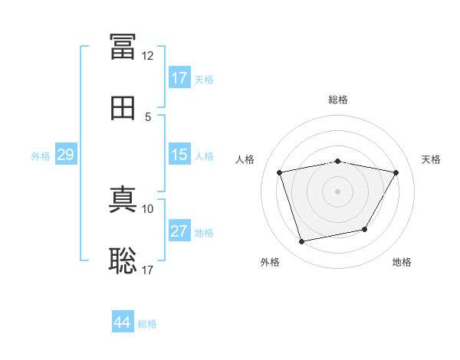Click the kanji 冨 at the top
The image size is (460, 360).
pos(123,46)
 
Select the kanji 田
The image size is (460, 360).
pos(123,108)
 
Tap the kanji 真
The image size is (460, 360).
pos(123,199)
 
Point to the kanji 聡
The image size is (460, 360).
pos(123,260)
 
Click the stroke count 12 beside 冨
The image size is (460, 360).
pos(147,56)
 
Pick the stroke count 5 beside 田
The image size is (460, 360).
pos(148,117)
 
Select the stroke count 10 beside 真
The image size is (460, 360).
pos(147,209)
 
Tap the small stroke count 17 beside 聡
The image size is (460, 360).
pos(147,270)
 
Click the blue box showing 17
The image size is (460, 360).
pos(179,77)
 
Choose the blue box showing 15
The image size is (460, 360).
pos(179,154)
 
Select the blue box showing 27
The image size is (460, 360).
pos(179,230)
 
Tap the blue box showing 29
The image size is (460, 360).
pos(66,154)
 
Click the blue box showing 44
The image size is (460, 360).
pos(123,321)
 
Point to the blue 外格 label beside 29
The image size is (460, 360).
pos(41,156)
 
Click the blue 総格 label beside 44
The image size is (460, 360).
pos(147,324)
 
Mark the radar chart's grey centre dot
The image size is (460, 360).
pos(337,191)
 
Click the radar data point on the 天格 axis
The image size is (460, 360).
pos(396,172)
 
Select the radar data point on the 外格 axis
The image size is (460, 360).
pos(301,241)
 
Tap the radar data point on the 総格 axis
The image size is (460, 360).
pos(337,162)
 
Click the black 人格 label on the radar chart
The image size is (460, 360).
pos(245,159)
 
